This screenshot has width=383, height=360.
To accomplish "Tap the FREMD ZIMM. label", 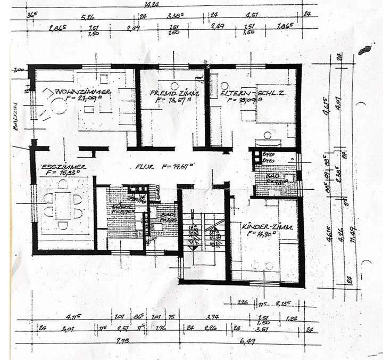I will pos(172,92).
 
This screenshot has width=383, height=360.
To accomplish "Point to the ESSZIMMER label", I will pos(60,166).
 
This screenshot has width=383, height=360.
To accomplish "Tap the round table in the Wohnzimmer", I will pos(59,107).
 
